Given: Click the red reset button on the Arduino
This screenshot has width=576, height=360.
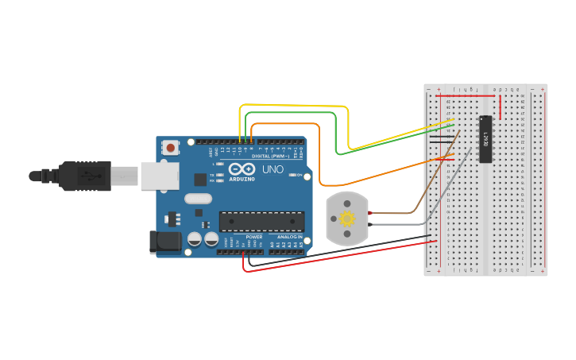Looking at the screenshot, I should [170, 147].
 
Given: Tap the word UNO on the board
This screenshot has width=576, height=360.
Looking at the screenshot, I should [273, 170].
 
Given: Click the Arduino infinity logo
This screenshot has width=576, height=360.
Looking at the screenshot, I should [242, 169].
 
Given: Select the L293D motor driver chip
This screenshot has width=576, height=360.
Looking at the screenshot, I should [485, 139].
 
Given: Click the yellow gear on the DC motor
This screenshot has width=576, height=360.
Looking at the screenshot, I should [347, 219].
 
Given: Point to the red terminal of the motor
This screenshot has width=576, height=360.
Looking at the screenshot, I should [370, 213].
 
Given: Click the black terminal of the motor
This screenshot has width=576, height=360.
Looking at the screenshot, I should [370, 225].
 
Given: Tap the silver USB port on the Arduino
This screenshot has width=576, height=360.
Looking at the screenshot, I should [160, 176].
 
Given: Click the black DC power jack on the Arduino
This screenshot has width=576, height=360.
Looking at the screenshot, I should [166, 242].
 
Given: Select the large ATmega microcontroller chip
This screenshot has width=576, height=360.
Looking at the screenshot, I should [261, 221].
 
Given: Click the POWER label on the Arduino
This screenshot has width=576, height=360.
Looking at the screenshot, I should [254, 237].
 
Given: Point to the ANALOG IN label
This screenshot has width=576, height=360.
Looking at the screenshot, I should [289, 237].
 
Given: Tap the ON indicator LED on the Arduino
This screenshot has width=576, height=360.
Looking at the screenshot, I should [292, 175].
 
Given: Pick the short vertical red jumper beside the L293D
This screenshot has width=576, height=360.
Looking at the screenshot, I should [500, 107].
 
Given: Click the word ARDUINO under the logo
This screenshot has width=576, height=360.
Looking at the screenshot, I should [242, 179].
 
